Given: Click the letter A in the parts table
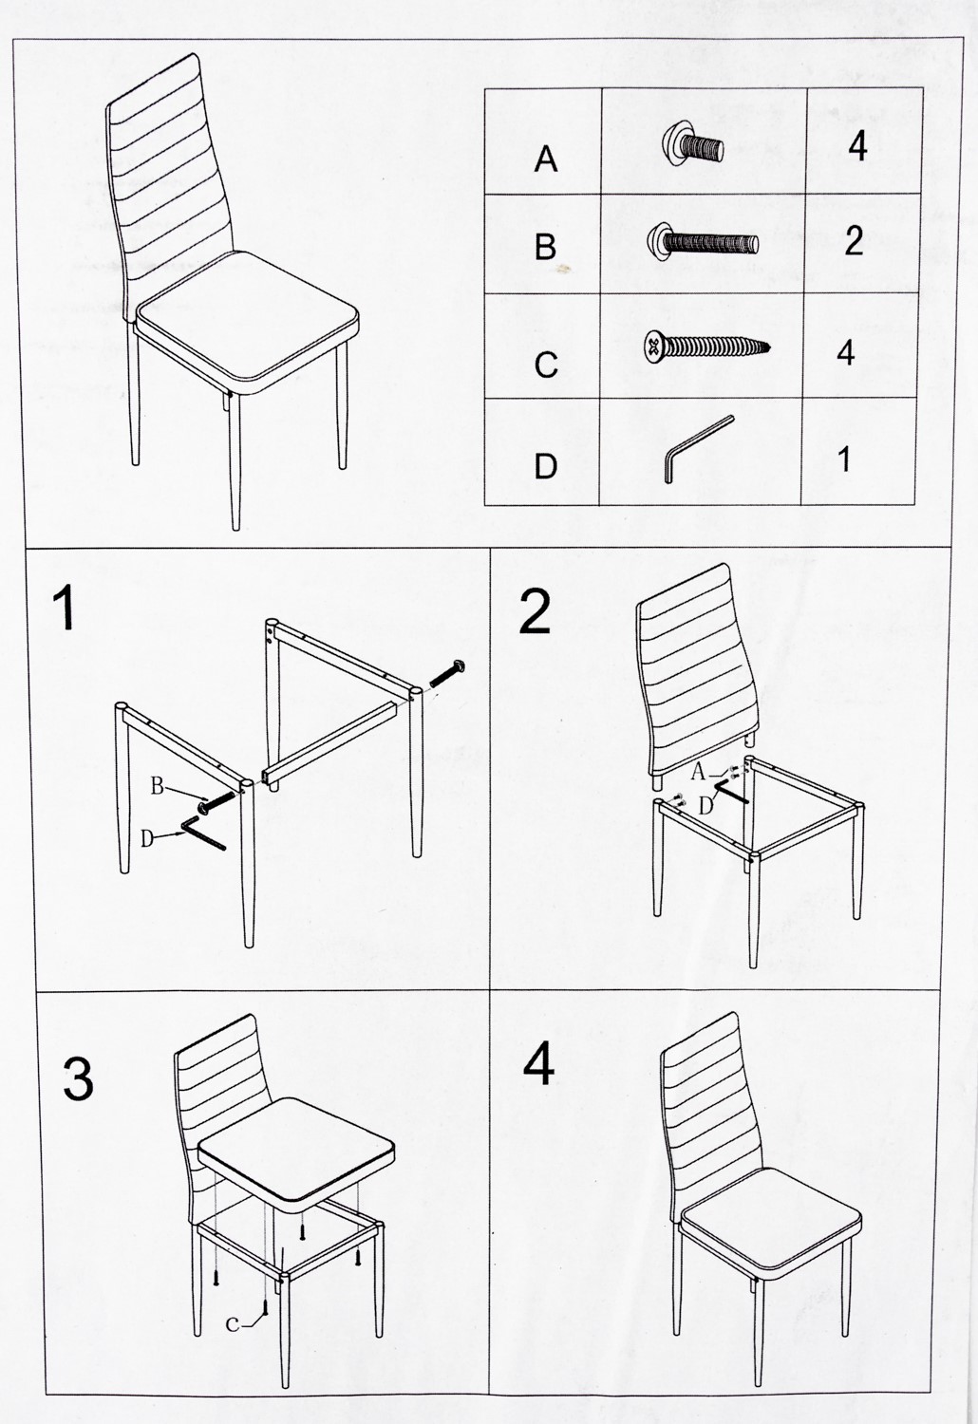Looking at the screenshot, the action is (546, 159).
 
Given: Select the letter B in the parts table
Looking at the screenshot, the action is (546, 247).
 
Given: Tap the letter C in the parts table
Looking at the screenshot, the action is (546, 365).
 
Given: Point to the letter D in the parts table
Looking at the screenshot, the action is (546, 466).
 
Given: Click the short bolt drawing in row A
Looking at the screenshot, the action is (692, 143).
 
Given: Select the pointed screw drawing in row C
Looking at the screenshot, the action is (707, 346).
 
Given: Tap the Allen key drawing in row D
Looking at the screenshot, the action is (699, 449).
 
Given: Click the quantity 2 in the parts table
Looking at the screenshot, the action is (854, 241).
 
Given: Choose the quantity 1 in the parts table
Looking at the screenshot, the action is (844, 459).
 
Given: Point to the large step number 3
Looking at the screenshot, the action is (78, 1078).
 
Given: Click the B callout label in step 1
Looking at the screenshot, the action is (157, 787).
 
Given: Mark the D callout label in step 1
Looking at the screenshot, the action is (147, 839).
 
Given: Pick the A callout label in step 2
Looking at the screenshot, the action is (698, 773).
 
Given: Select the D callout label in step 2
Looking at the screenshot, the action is (705, 807).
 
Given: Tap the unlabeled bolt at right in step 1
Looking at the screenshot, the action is (447, 673).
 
